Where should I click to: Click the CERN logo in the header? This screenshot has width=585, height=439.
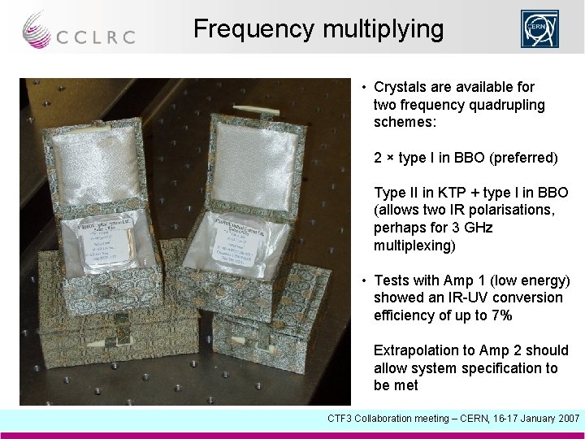tap(540, 29)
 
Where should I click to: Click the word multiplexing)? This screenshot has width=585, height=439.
tap(414, 246)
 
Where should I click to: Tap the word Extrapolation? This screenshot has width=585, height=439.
tap(415, 350)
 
